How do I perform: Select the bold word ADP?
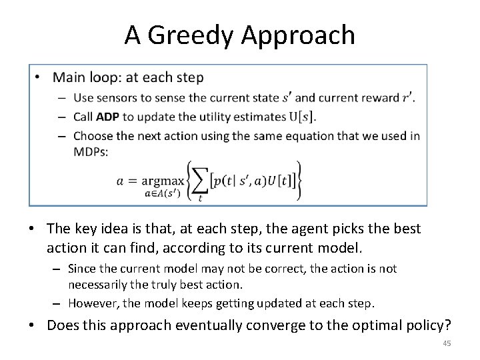[x=107, y=117]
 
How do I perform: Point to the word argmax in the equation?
[x=169, y=180]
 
